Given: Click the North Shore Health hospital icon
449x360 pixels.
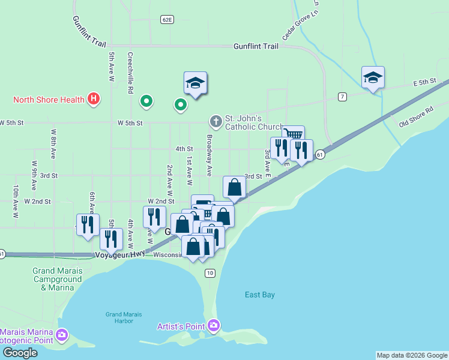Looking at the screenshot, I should [93, 99].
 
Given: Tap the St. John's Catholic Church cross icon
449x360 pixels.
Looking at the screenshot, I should [215, 122].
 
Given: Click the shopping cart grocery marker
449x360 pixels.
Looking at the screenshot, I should [293, 135].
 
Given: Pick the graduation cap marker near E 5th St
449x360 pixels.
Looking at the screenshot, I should [373, 77].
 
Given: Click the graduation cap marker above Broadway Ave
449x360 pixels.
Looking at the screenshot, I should [195, 83].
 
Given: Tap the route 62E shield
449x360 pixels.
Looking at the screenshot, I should [167, 20].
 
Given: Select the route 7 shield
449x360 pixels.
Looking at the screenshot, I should [342, 96].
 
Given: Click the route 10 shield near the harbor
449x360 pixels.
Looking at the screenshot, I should [209, 273].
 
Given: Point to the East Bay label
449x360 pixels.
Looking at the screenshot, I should [260, 295].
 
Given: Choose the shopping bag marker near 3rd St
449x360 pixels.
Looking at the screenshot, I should [234, 187].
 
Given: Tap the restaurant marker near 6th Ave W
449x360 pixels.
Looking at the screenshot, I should [88, 224].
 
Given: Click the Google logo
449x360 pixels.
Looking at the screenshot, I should [19, 353].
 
